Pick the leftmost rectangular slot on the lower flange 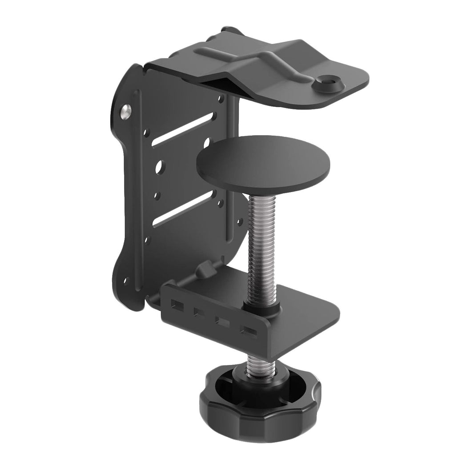(177, 305)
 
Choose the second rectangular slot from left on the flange (197, 312)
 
